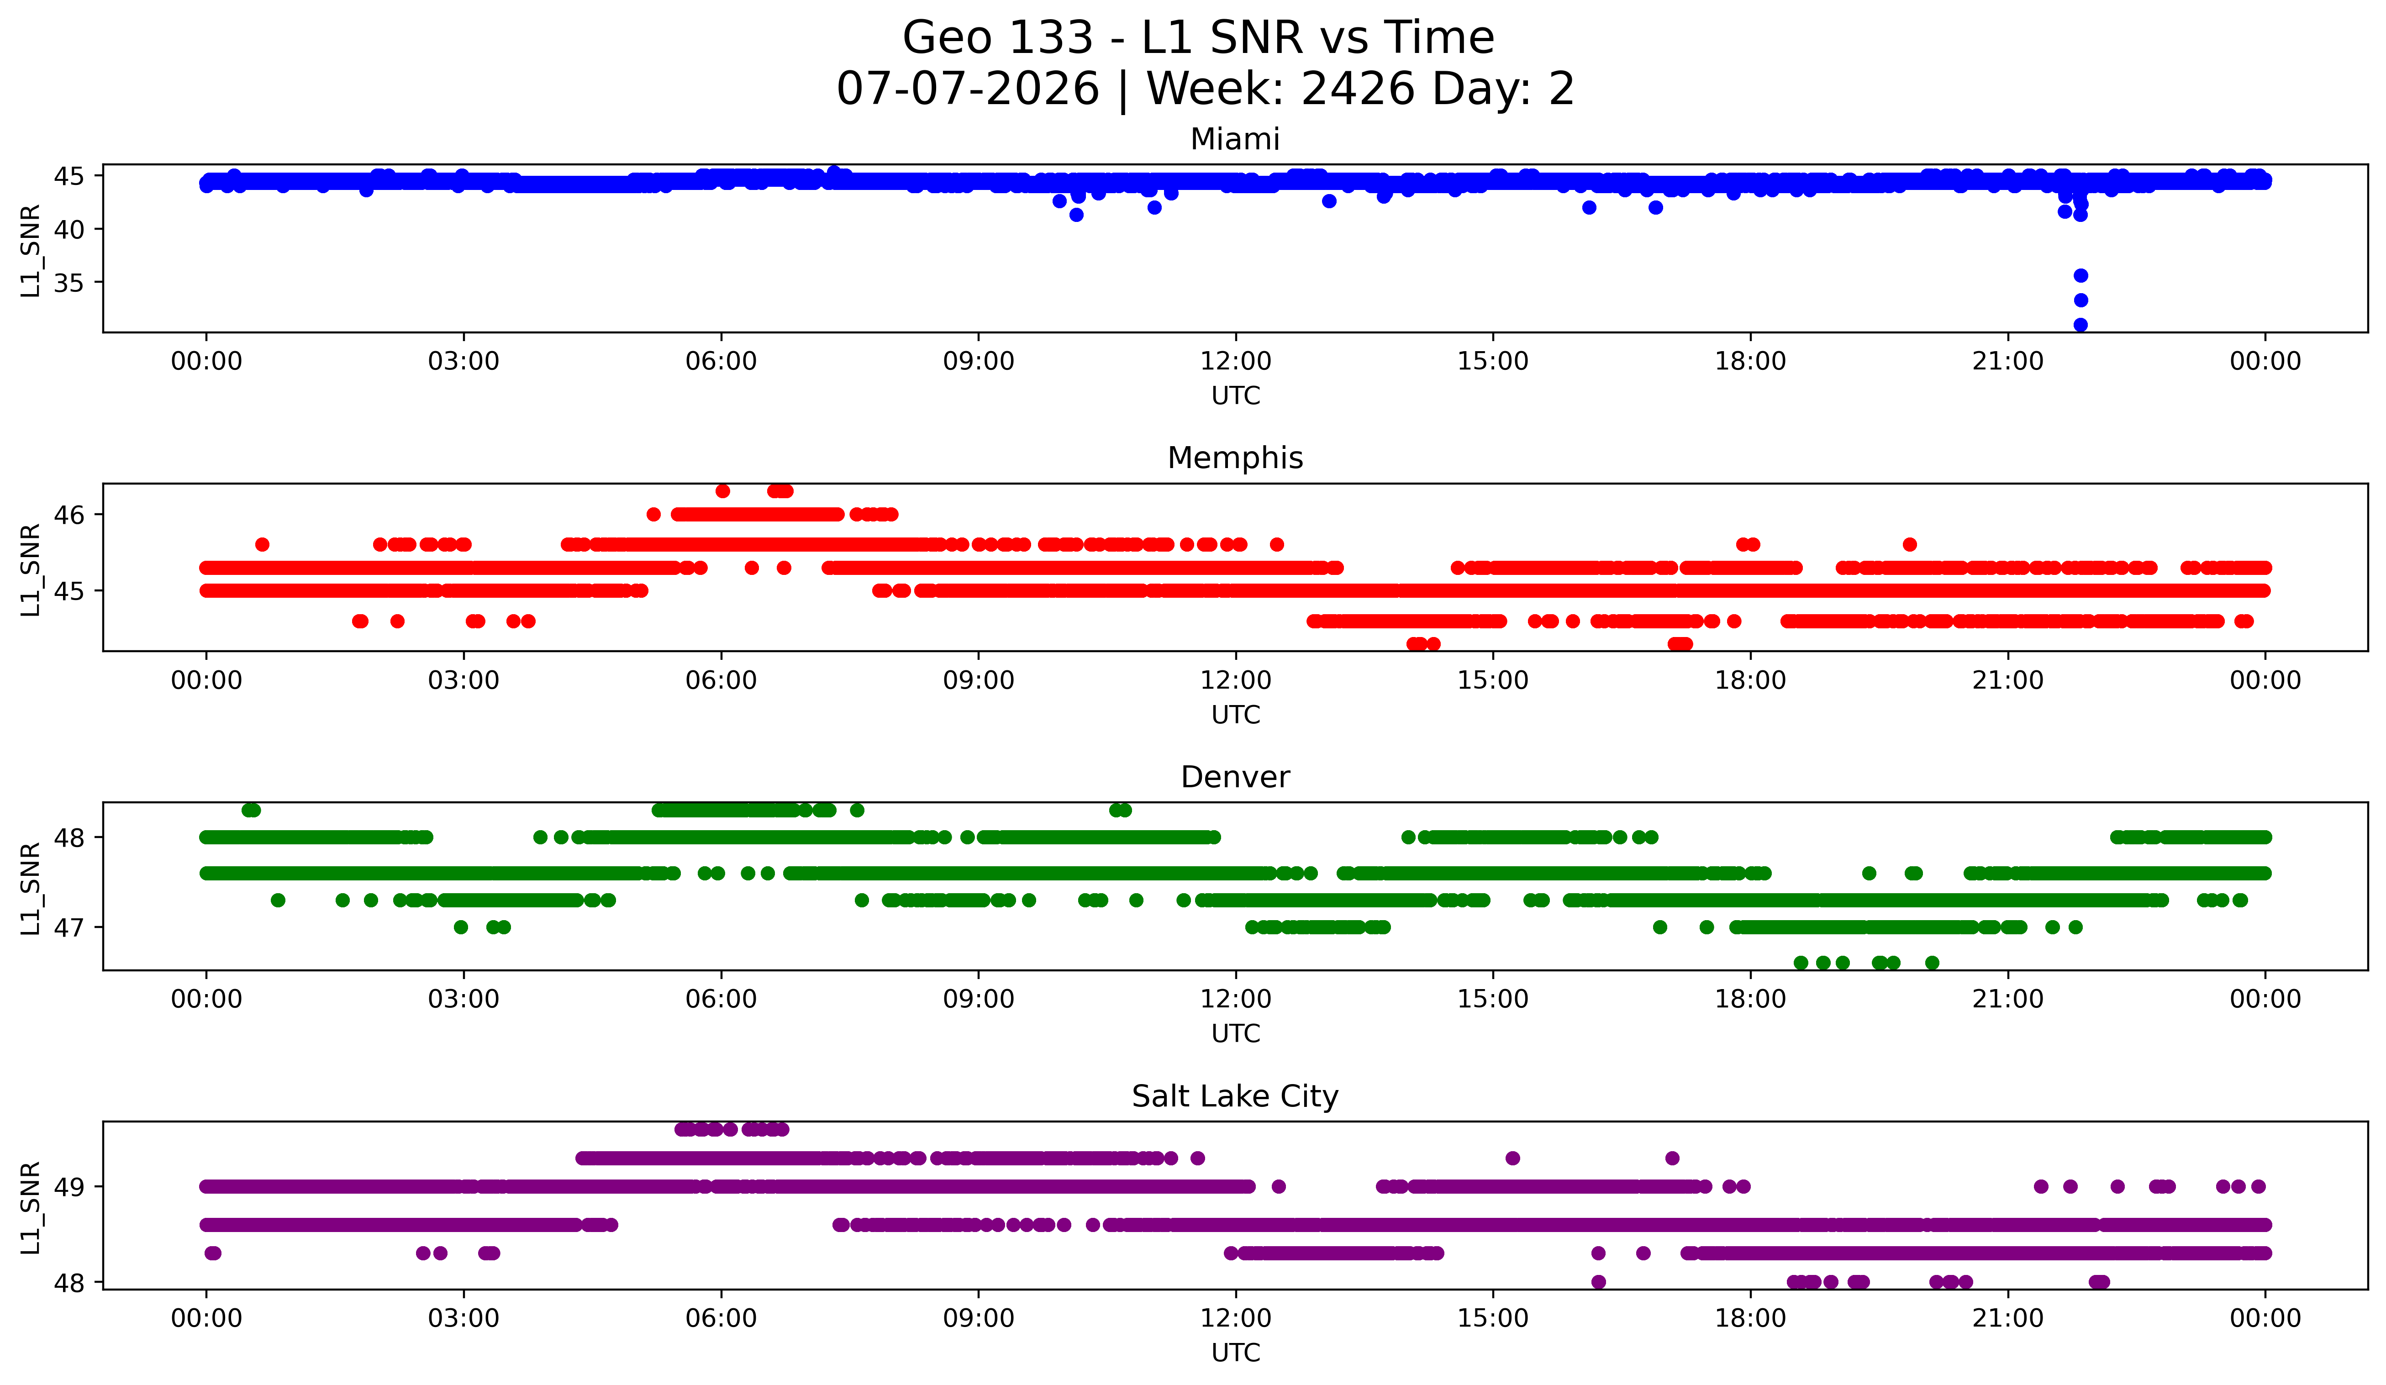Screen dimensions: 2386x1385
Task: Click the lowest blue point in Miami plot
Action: coord(2080,325)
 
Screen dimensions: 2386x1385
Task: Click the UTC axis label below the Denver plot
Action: coord(1236,1034)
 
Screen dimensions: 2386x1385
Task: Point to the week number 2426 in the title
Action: coord(1359,89)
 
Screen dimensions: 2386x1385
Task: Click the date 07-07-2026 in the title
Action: coord(968,89)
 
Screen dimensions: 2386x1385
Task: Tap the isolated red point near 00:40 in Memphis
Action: coord(262,544)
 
